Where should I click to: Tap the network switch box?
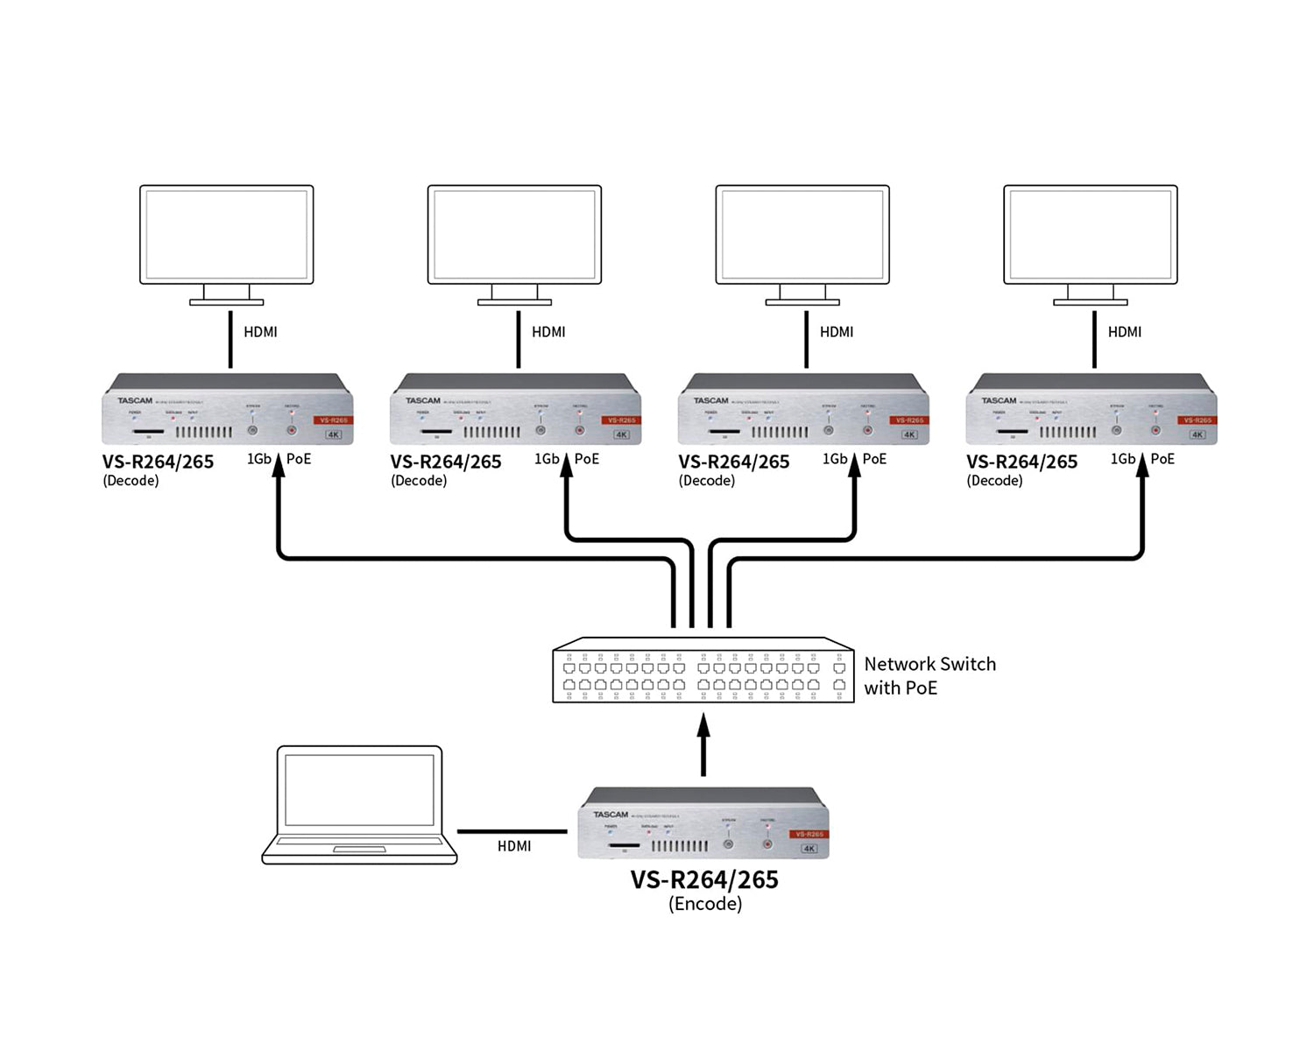pos(703,670)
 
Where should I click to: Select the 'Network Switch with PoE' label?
pos(929,675)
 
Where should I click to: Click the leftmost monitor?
pos(227,235)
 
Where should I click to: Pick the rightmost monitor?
pos(1091,235)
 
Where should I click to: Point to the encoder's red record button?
pos(767,844)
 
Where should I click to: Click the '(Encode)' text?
pos(705,904)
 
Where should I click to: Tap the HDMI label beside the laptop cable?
pos(514,846)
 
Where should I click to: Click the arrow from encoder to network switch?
pos(703,744)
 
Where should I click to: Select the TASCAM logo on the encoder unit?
pos(611,815)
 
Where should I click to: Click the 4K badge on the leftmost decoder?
pos(334,434)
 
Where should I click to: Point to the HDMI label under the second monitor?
pos(548,332)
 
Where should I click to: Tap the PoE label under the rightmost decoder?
pos(1162,459)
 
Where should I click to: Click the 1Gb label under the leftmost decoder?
pos(259,459)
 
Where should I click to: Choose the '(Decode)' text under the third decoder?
pos(707,481)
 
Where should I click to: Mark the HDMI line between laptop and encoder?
pos(512,831)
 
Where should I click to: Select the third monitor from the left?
pos(802,235)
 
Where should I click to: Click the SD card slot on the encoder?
pos(624,846)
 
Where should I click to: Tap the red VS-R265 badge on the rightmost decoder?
pos(1197,420)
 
